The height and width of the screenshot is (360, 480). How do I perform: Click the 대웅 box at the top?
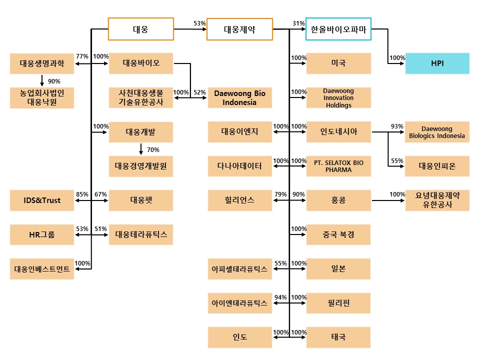[x=141, y=29]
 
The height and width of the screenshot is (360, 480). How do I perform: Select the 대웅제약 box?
[x=239, y=29]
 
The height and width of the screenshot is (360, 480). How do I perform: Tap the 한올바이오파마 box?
[x=338, y=29]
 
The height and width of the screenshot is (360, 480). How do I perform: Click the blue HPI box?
[x=437, y=63]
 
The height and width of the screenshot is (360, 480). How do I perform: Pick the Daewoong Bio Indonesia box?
[x=239, y=97]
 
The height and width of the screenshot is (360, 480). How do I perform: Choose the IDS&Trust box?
[x=42, y=200]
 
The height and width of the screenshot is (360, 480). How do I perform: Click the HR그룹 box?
[x=42, y=234]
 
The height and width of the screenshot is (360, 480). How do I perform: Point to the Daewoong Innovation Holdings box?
[x=338, y=98]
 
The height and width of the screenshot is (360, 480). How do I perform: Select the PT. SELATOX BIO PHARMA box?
[x=338, y=166]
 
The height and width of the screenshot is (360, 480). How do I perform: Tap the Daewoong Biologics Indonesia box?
[x=437, y=132]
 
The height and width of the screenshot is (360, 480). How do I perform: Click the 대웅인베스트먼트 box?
[x=42, y=269]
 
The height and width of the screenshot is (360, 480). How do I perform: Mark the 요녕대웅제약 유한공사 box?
[x=437, y=200]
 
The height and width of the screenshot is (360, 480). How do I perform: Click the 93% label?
[x=397, y=126]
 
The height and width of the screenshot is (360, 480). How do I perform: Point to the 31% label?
[x=298, y=23]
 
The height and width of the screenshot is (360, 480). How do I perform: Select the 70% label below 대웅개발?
[x=153, y=150]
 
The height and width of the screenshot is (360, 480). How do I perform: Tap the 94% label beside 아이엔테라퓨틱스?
[x=280, y=297]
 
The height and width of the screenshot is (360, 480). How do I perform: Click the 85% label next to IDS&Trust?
[x=82, y=194]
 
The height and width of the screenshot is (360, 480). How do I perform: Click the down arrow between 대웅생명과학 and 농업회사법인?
[x=42, y=80]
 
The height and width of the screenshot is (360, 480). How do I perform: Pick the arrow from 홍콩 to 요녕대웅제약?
[x=388, y=200]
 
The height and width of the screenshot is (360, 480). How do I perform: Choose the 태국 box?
[x=338, y=337]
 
